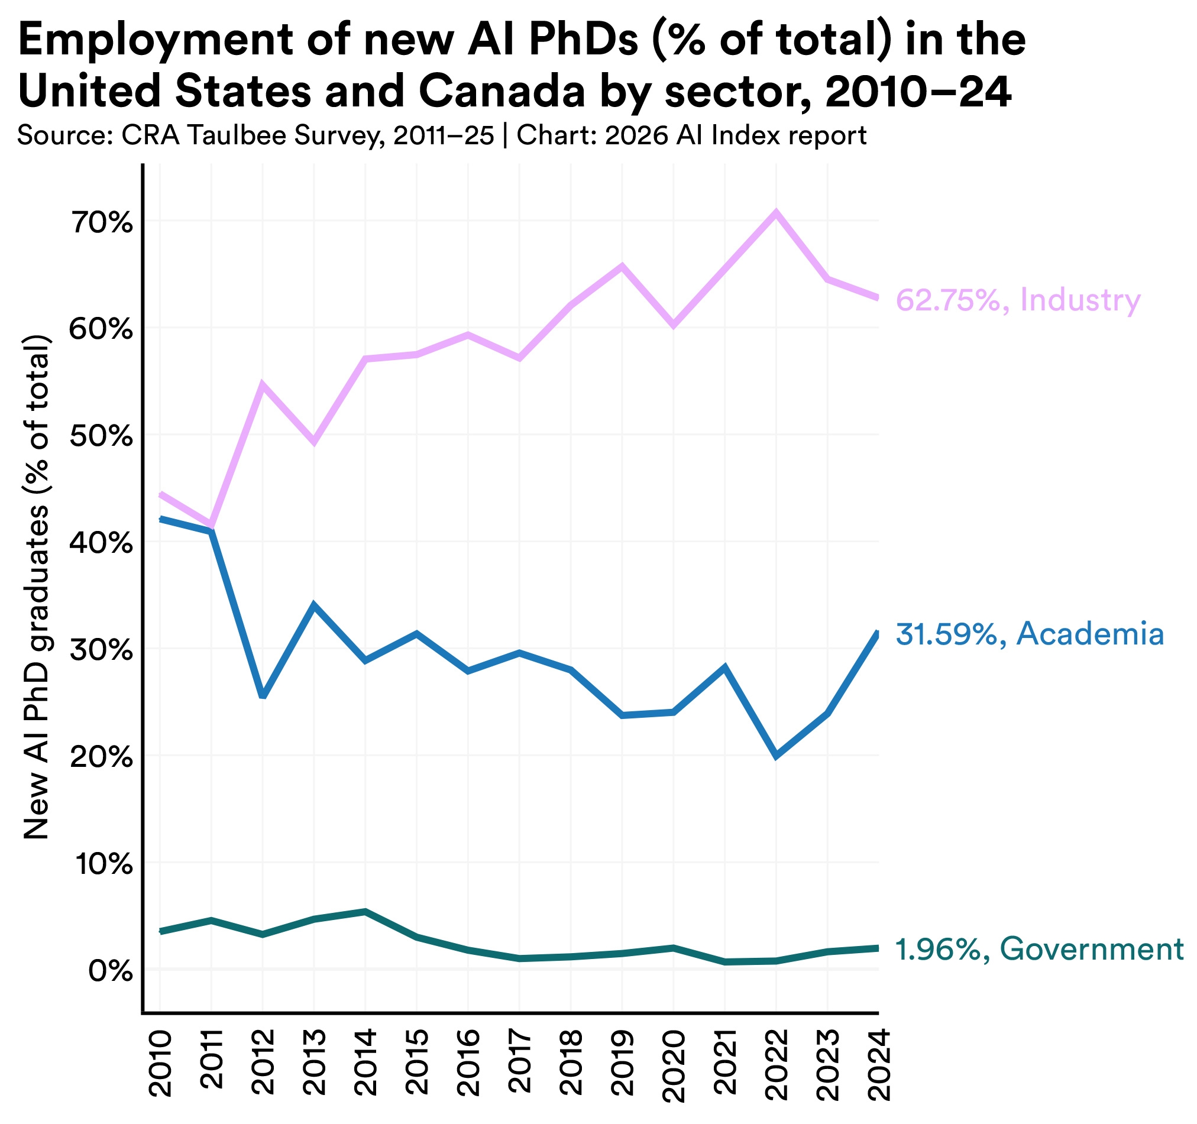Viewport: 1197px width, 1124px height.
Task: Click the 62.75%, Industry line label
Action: point(1018,300)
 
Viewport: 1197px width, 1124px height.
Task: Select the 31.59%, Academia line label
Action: point(1030,634)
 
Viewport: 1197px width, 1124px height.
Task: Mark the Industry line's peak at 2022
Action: point(776,212)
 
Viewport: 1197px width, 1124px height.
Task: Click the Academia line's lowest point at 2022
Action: point(776,756)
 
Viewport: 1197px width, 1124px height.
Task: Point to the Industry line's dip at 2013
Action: point(313,443)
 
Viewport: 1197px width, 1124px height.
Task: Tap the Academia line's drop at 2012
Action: point(263,697)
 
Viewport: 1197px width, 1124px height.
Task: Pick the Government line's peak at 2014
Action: point(365,912)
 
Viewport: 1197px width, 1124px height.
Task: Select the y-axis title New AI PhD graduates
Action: point(36,587)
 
